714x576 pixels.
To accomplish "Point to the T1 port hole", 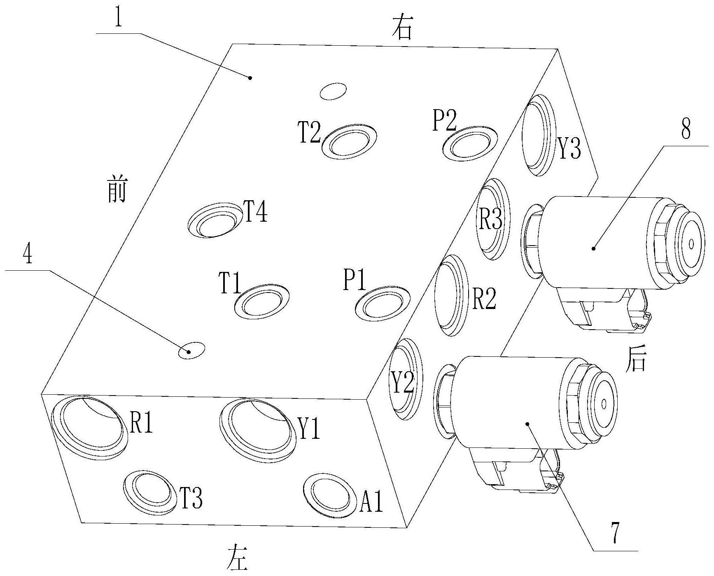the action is tap(261, 300).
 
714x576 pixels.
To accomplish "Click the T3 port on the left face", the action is tap(149, 492).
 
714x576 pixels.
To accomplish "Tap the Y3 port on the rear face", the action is tap(538, 135).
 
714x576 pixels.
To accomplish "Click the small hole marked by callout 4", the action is tap(191, 350).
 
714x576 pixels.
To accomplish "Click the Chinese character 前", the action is tap(117, 190).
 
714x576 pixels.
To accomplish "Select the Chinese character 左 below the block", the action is tap(238, 558).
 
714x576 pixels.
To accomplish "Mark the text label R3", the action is tap(490, 220).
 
